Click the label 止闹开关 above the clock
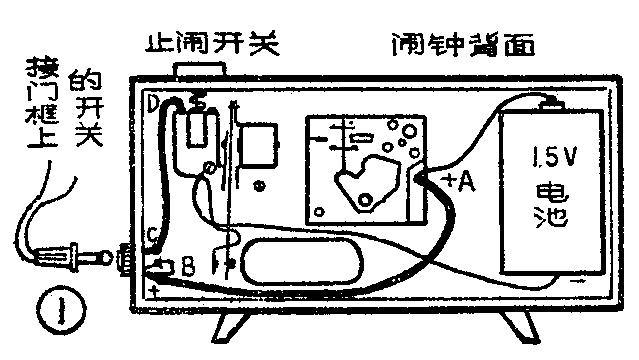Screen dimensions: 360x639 [209, 44]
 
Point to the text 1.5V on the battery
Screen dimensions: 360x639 [552, 158]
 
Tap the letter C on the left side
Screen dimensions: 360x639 [150, 236]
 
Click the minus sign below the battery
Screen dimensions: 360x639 [577, 285]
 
